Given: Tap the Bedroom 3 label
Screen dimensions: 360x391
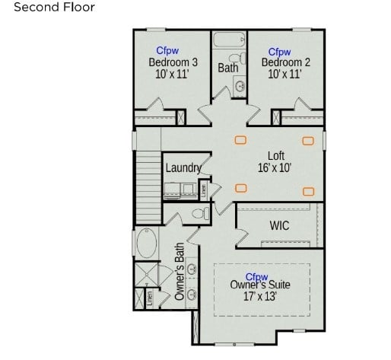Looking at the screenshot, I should (173, 62).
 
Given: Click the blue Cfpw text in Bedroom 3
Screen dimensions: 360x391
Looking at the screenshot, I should (168, 51).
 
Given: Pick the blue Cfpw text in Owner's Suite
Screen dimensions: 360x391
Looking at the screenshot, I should (256, 276).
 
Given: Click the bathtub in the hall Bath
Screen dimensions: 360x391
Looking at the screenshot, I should (228, 40).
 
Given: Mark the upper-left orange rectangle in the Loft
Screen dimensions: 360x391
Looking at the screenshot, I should (240, 139).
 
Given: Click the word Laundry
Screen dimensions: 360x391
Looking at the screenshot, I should (183, 167).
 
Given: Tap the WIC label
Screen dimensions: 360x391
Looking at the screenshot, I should (279, 226).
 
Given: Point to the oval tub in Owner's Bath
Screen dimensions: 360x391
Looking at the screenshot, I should (145, 245).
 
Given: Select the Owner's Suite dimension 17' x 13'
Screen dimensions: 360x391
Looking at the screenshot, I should (260, 297).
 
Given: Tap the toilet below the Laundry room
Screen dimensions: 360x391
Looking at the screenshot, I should (200, 214).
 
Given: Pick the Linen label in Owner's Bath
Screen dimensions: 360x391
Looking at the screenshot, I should (150, 297).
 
